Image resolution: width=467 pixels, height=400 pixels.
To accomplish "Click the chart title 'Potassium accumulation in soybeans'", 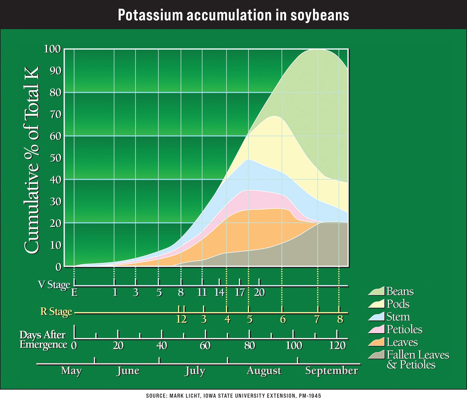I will pos(233,15).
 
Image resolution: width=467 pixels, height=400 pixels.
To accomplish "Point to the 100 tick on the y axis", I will pos(52,49).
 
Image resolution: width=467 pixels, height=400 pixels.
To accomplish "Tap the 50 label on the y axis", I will pos(56,158).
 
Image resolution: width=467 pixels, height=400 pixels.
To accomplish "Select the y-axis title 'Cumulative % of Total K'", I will pos(32,159).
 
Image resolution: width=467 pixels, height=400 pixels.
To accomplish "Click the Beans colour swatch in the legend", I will pos(376,291).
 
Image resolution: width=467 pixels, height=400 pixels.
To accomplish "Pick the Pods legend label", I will pos(398,304).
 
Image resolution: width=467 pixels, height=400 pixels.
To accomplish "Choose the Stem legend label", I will pos(398,317).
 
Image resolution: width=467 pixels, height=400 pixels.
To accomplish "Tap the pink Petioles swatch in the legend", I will pos(376,329).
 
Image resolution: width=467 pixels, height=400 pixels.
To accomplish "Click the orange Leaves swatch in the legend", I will pos(376,342).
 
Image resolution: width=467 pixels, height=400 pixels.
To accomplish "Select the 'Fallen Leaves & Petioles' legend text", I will pos(417,359).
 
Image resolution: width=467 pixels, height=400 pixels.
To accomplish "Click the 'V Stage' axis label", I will pos(54,285).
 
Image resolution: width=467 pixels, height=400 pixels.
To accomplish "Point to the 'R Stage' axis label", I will pos(56,311).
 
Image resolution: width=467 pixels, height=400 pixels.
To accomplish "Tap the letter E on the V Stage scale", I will pos(74,293).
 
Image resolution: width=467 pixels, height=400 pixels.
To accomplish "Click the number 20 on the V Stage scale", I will pos(259,292).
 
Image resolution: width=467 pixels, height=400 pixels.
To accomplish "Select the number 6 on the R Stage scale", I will pos(283,319).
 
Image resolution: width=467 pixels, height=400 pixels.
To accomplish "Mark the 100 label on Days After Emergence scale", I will pos(294,346).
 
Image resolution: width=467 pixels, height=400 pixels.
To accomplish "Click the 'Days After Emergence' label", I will pos(43,340).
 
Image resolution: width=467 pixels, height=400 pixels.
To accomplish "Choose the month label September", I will pos(331,371).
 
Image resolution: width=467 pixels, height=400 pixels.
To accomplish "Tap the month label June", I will pos(128,371).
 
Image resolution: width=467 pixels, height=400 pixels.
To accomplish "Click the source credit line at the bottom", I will pos(233,396).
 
